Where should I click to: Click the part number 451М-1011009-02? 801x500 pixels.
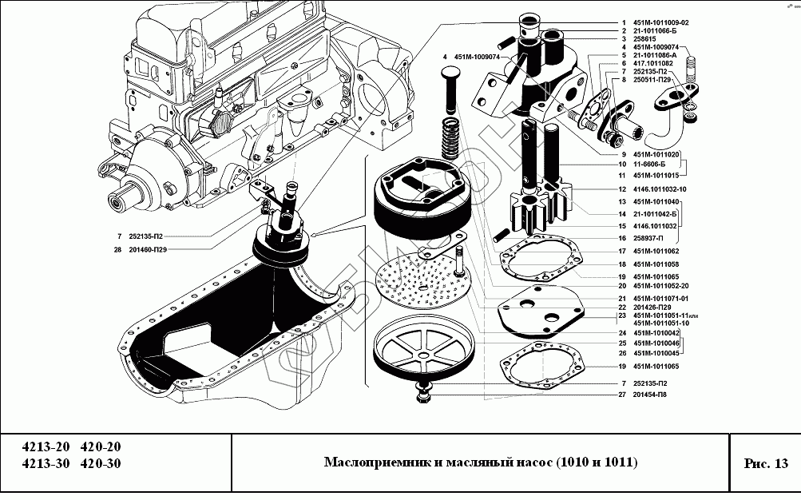(x=660, y=22)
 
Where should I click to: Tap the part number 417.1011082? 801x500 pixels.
(x=652, y=63)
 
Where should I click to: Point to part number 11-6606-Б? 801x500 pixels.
(x=652, y=164)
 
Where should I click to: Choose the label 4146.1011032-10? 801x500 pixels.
(x=660, y=189)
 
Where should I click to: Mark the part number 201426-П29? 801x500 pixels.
(x=652, y=308)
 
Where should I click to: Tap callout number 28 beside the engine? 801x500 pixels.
(x=117, y=249)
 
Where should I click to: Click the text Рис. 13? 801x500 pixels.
(x=765, y=463)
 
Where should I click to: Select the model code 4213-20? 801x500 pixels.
(x=45, y=447)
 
